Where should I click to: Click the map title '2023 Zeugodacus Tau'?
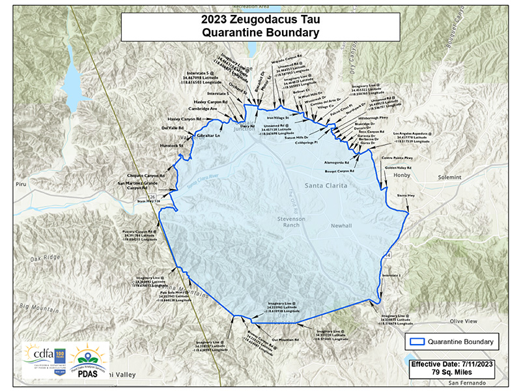click(x=260, y=19)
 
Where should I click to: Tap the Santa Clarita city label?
click(x=326, y=186)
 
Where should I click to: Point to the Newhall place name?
click(x=340, y=225)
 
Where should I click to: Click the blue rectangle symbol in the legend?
click(x=418, y=341)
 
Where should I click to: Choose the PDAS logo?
click(x=88, y=365)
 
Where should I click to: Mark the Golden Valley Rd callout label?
click(x=397, y=168)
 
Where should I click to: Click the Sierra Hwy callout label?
click(x=406, y=195)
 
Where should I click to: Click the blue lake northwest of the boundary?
click(x=71, y=77)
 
